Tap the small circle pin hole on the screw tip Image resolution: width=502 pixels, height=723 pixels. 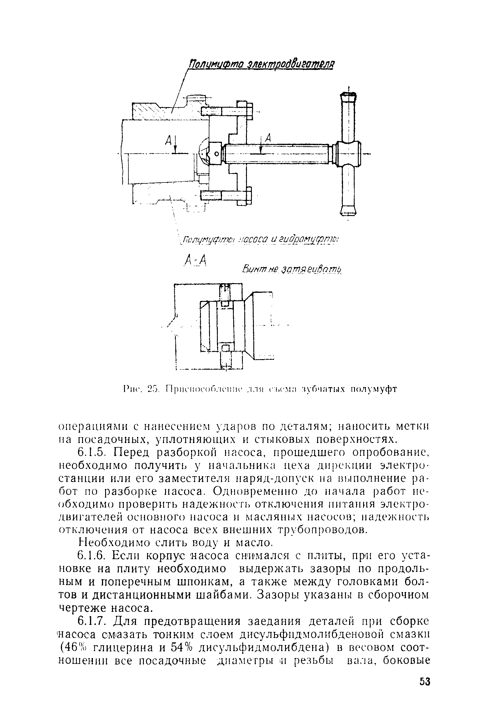216,154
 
